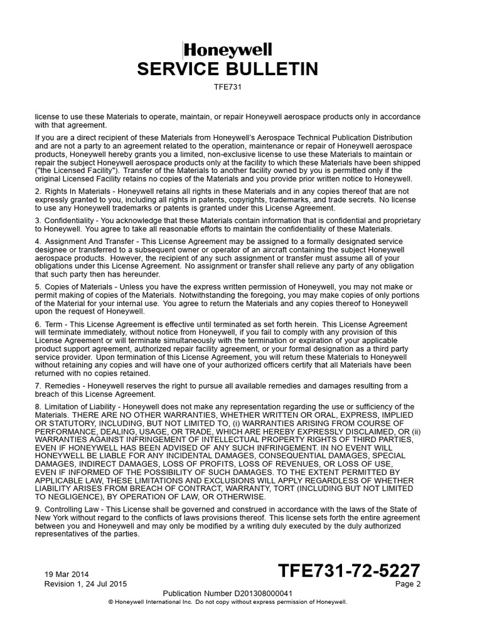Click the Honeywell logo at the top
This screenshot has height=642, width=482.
point(228,50)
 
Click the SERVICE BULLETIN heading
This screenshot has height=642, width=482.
point(228,68)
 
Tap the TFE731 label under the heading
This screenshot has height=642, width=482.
point(228,87)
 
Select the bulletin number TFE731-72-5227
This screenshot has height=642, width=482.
point(349,571)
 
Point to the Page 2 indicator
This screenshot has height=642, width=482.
point(408,584)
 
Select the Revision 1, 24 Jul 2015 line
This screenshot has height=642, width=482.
point(85,584)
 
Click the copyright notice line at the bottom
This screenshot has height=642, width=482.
point(228,601)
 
